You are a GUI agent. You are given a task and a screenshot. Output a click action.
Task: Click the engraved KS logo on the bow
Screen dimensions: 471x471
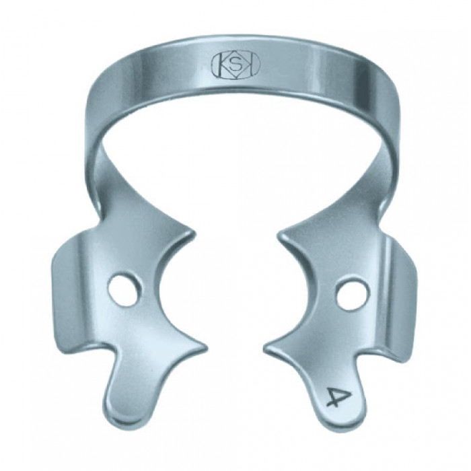(237, 66)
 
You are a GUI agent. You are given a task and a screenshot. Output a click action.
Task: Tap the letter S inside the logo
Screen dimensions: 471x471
(237, 65)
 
